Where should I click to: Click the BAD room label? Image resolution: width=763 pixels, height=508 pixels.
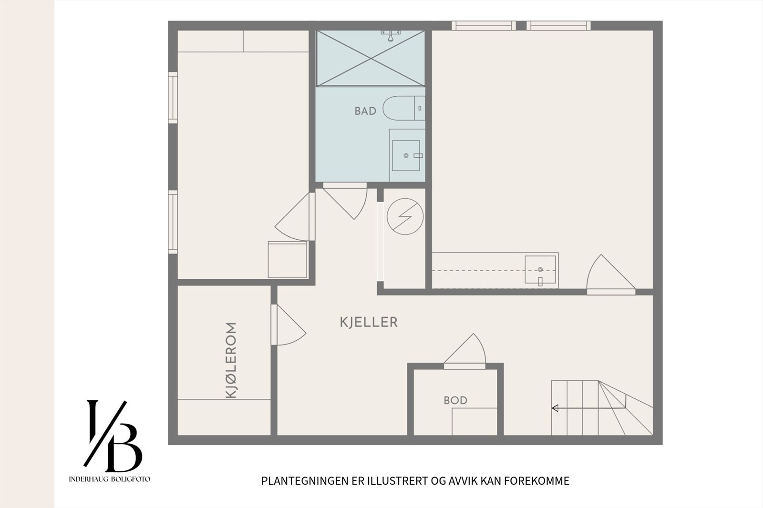tap(365, 111)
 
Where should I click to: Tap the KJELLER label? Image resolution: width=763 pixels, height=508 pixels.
tap(369, 322)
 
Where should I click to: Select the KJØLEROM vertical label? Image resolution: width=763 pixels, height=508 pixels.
tap(231, 361)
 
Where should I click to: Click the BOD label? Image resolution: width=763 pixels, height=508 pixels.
tap(455, 400)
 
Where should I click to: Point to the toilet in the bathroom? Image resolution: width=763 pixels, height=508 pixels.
tap(404, 108)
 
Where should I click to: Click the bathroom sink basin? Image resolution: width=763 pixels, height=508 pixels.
tap(406, 156)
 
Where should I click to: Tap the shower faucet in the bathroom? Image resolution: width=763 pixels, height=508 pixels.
tap(391, 35)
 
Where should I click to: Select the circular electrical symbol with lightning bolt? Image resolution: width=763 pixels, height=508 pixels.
tap(405, 216)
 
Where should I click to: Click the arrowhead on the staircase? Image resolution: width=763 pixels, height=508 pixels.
tap(555, 408)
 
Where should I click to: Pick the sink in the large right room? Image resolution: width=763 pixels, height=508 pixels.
tap(540, 270)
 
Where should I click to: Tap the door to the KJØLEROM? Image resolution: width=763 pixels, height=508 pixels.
tap(288, 325)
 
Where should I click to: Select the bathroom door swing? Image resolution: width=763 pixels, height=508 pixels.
tap(345, 201)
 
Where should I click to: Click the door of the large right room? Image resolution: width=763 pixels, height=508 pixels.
tap(611, 274)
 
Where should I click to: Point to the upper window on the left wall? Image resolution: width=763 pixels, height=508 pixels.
tap(173, 97)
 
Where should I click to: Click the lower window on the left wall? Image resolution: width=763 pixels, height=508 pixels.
tap(173, 222)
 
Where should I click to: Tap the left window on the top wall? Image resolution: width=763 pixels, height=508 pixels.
tap(484, 26)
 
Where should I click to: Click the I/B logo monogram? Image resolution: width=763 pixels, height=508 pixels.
tap(113, 436)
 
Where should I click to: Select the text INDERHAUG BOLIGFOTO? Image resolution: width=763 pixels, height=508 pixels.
tap(109, 479)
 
